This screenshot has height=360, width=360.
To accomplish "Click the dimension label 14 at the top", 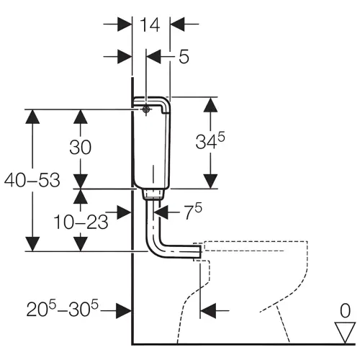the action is (150, 24).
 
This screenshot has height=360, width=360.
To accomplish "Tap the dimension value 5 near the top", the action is (184, 57).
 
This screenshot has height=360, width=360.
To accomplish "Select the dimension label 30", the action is (81, 147).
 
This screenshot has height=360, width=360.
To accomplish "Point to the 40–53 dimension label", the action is (32, 180).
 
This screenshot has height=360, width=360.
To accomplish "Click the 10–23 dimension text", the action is (81, 222).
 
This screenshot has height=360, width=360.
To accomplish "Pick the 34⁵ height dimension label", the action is (210, 141).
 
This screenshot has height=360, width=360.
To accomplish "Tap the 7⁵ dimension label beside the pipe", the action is (193, 211).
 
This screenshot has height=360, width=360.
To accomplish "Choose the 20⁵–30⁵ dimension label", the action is (63, 309).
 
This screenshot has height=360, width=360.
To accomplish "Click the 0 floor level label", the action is (346, 311).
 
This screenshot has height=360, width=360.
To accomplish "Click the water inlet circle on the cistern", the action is (146, 109).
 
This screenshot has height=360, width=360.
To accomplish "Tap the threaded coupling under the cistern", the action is (153, 194).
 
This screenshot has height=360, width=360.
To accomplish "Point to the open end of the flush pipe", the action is (200, 251).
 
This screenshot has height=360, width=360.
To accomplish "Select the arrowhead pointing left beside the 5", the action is (153, 57).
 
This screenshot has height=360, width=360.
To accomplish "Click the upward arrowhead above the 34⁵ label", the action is (210, 105).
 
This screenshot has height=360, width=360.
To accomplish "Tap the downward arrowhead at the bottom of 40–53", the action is (32, 244).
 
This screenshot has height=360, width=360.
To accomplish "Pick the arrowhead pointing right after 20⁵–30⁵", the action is (124, 311).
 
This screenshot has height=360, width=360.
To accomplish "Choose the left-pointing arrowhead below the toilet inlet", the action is (208, 311).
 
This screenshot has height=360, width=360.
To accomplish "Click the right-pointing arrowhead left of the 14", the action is (125, 24).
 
